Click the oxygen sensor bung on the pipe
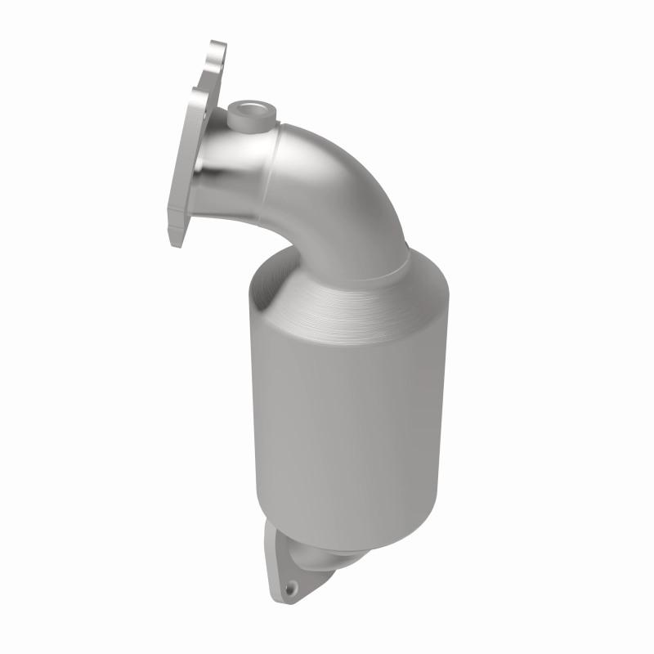(x=250, y=117)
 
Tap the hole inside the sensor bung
(x=249, y=107)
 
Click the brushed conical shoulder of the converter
(x=352, y=302)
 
